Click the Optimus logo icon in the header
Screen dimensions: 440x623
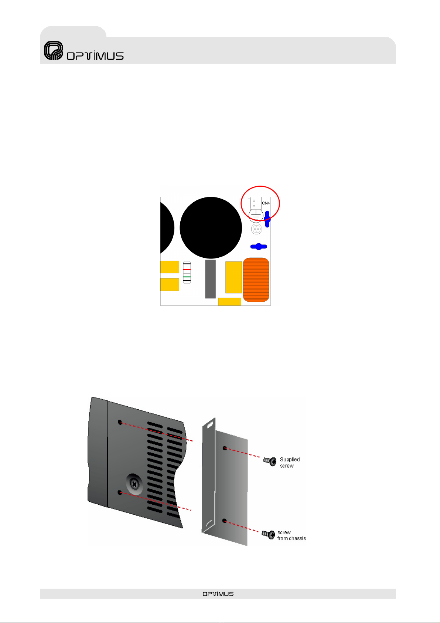(54, 51)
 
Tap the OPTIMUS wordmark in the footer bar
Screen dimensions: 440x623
(218, 594)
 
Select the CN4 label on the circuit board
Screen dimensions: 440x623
(266, 203)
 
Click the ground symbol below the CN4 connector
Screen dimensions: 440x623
(256, 216)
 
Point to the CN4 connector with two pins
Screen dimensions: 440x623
(255, 203)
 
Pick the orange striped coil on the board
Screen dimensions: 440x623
(256, 280)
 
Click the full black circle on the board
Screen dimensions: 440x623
(211, 227)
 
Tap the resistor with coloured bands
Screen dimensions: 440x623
(187, 272)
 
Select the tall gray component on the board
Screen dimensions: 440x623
(210, 279)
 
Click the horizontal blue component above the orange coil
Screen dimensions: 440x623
(259, 247)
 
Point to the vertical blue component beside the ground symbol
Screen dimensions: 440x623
(267, 217)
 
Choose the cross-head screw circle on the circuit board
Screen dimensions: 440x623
(256, 229)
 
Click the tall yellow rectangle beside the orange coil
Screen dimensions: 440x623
(233, 277)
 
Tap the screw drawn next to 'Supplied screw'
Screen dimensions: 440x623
(270, 461)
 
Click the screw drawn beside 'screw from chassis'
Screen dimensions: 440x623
(269, 534)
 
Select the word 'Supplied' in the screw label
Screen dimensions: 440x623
(290, 460)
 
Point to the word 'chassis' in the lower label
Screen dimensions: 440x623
(297, 539)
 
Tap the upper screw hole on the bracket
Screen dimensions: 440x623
(225, 448)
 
